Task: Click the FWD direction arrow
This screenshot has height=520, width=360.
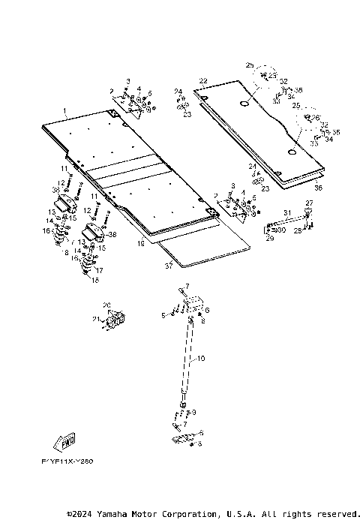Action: coord(64,440)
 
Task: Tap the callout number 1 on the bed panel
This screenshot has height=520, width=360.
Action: coord(64,111)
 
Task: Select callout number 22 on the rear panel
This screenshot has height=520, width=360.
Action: coord(203,80)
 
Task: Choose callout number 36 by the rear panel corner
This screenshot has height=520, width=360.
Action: coord(318,188)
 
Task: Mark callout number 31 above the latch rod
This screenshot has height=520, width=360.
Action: coord(286,212)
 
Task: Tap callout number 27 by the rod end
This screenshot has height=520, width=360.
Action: coord(308,203)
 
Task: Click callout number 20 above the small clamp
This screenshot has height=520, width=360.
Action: coord(106,305)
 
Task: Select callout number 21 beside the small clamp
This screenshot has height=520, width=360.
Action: coord(95,320)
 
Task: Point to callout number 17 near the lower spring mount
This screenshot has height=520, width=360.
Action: coord(100,269)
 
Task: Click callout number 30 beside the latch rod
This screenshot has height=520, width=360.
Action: coord(281,230)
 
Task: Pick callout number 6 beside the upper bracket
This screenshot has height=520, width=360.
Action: coord(206,310)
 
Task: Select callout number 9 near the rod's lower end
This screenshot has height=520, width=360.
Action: coord(194,412)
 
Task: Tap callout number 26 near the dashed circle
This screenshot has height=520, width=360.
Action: coord(316,117)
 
